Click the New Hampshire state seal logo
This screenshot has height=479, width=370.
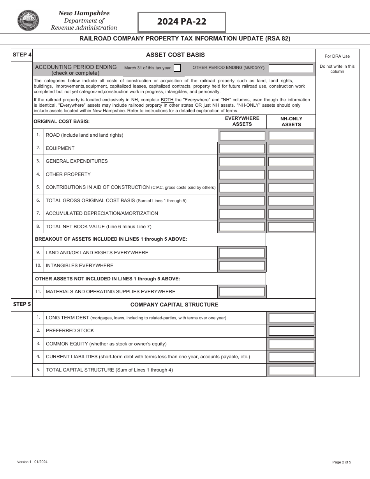(28, 21)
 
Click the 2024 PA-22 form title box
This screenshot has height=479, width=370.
(181, 22)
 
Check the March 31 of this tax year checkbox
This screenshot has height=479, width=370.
(177, 68)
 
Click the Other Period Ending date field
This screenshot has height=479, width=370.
(291, 69)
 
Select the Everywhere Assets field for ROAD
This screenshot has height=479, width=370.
(242, 136)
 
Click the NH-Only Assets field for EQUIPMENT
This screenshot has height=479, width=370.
(291, 148)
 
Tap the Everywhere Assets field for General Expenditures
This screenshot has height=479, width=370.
(242, 162)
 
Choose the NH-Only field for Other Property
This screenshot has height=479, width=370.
(291, 174)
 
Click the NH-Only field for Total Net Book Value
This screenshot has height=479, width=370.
(291, 227)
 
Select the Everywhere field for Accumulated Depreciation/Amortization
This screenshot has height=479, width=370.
(242, 214)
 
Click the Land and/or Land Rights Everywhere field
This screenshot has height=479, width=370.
(242, 253)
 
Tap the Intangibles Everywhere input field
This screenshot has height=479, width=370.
(242, 266)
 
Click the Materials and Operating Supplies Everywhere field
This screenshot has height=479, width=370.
(242, 292)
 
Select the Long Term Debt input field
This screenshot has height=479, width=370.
(291, 318)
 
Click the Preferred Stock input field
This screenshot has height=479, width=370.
(291, 331)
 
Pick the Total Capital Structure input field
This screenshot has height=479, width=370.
(291, 370)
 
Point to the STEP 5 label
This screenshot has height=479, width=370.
(22, 304)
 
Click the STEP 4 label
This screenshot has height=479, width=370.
(22, 55)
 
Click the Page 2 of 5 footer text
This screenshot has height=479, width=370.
(342, 462)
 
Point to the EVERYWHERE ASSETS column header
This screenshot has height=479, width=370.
(242, 121)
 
